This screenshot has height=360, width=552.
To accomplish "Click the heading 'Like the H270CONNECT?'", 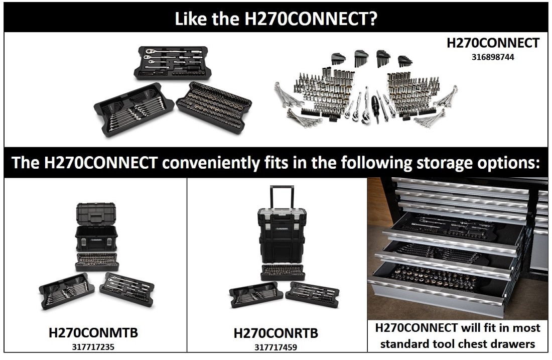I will [x=275, y=19].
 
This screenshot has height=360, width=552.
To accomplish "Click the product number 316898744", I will [x=492, y=57].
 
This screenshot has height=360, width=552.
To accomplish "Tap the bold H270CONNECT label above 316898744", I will [x=493, y=43].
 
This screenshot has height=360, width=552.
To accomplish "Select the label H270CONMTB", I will [x=93, y=332].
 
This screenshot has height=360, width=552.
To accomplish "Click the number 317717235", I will [x=93, y=345].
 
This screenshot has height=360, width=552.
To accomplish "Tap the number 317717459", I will [x=275, y=346].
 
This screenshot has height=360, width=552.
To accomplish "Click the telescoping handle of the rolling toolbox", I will [x=283, y=196].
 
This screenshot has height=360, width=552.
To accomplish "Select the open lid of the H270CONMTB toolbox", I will [x=96, y=214].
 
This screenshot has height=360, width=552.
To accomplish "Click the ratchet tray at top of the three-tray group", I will [x=171, y=63].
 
